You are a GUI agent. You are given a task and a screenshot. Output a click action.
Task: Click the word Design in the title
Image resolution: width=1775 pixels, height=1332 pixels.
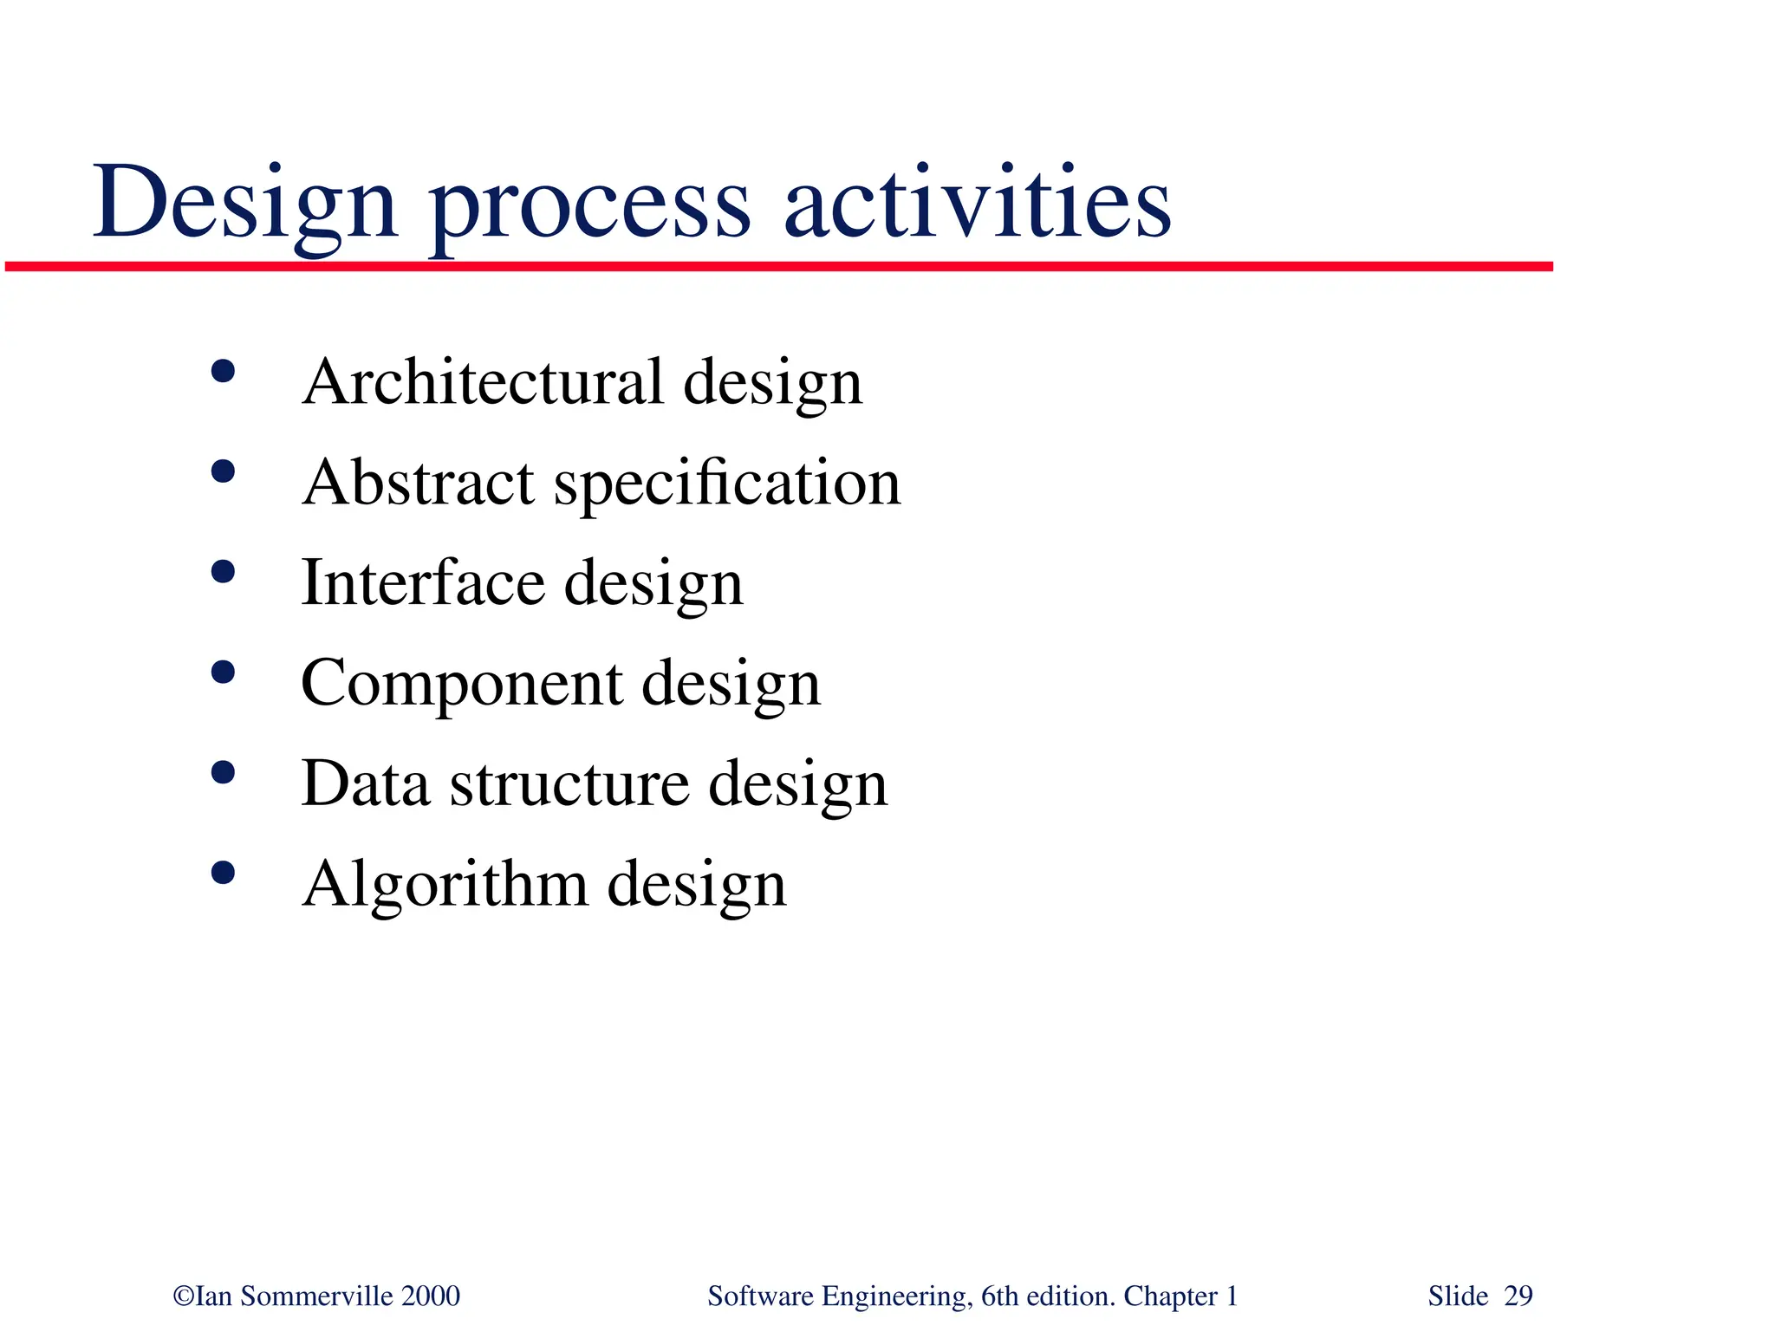tap(245, 204)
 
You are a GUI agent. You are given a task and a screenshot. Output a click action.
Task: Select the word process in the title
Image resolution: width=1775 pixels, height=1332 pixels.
tap(589, 208)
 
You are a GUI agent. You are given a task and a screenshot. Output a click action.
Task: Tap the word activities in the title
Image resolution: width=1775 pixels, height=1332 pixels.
tap(977, 204)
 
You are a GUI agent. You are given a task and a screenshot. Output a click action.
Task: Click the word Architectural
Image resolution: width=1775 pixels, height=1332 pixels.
tap(483, 382)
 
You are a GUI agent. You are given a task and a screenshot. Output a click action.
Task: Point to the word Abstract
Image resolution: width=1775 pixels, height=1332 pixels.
tap(419, 483)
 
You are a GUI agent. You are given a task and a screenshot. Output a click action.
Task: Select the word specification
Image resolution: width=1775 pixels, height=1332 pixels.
tap(727, 485)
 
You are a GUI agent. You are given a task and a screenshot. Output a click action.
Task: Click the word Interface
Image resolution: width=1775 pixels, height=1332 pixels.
tap(422, 582)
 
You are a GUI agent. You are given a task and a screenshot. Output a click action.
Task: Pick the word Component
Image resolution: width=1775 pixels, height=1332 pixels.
tap(461, 685)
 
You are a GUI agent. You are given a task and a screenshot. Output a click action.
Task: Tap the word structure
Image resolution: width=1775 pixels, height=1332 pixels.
tap(569, 783)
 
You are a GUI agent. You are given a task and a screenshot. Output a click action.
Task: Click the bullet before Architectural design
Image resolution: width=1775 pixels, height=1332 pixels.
tap(223, 372)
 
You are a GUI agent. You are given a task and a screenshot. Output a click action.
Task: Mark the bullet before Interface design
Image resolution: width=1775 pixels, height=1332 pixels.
tap(223, 572)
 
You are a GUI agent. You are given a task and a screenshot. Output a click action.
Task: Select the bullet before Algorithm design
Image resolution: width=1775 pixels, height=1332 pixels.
tap(223, 872)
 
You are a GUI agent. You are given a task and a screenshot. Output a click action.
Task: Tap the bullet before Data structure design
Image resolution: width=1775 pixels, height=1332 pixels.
tap(223, 772)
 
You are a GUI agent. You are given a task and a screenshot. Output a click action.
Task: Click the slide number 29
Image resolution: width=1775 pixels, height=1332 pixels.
tap(1518, 1296)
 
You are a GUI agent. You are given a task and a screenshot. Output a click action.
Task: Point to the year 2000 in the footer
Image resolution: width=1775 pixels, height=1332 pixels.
tap(431, 1296)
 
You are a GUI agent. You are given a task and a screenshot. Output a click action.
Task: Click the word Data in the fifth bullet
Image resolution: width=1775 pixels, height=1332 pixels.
tap(365, 783)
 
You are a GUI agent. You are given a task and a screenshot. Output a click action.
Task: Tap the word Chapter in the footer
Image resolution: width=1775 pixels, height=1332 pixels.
tap(1170, 1296)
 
